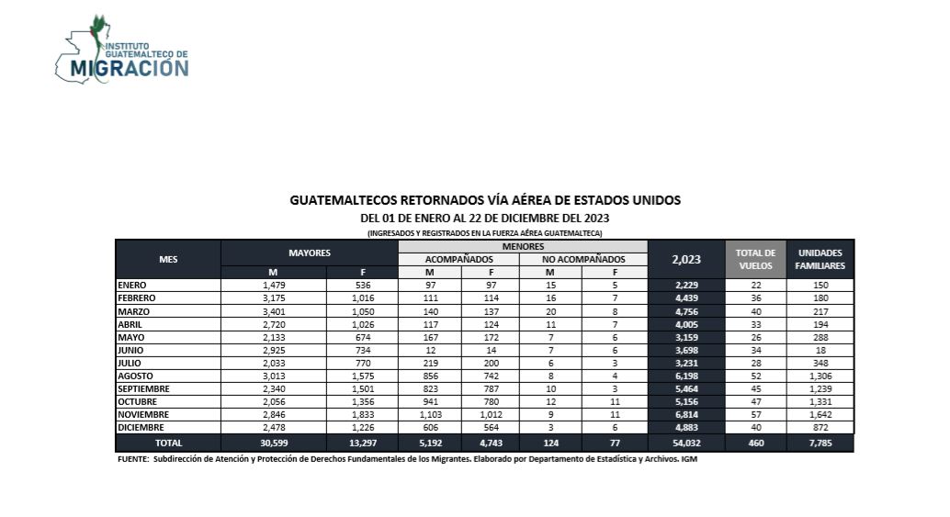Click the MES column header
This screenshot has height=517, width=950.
(168, 259)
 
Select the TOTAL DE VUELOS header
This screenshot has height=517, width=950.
(756, 259)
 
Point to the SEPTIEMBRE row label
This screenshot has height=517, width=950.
(144, 388)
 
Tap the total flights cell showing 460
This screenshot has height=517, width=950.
(756, 443)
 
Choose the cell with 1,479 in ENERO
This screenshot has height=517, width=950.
(274, 285)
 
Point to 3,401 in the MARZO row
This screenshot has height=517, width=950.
(274, 310)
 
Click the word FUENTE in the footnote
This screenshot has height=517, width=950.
(134, 459)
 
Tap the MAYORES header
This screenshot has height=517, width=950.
(310, 252)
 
